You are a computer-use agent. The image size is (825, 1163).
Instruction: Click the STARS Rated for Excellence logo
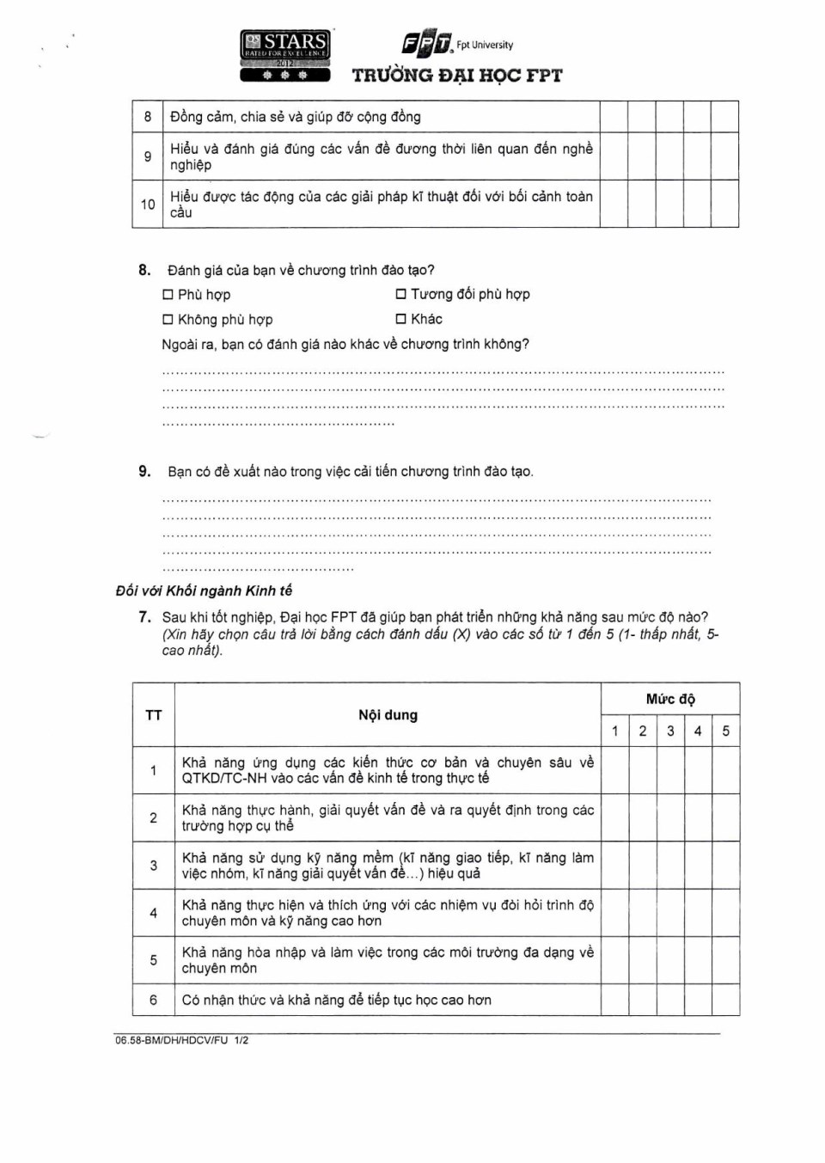click(285, 56)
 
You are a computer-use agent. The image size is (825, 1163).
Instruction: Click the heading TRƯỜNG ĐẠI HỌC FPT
click(457, 76)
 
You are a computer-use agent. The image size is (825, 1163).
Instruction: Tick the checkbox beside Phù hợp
click(168, 295)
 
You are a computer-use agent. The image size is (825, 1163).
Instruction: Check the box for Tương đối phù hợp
click(400, 294)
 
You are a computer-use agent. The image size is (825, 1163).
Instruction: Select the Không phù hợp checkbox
click(168, 320)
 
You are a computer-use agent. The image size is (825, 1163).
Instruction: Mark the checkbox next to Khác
click(400, 319)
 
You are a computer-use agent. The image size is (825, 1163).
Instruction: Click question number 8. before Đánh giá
click(144, 270)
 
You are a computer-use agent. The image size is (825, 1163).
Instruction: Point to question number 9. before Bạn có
click(144, 471)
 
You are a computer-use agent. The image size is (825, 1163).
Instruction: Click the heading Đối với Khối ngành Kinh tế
click(204, 591)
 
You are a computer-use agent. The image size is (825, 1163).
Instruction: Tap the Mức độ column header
click(670, 699)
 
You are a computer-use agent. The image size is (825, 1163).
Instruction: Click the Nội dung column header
click(388, 715)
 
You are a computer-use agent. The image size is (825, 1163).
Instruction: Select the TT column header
click(154, 715)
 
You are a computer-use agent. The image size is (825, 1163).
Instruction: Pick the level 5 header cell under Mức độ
click(725, 731)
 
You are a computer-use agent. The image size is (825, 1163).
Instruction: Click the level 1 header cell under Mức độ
click(614, 731)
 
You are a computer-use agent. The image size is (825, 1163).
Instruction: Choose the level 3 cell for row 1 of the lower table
click(670, 770)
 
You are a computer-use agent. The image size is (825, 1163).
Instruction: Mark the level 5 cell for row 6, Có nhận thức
click(725, 1000)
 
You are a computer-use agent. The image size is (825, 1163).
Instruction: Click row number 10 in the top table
click(148, 204)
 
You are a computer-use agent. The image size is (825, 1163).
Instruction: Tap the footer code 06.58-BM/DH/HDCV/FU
click(172, 1040)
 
